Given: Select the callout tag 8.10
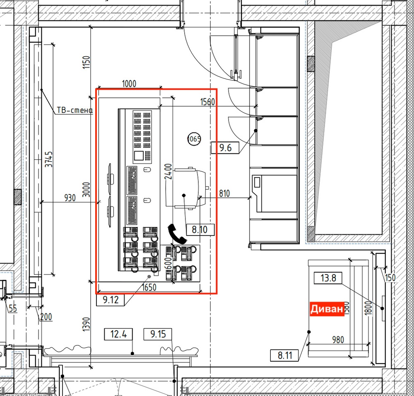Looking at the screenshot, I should pyautogui.click(x=200, y=229).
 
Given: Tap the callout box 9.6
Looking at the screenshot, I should pyautogui.click(x=225, y=147).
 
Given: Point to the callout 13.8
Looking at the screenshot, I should pyautogui.click(x=328, y=278).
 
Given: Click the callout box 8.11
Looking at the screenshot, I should pyautogui.click(x=284, y=355).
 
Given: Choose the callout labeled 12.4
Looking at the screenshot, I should pyautogui.click(x=118, y=334).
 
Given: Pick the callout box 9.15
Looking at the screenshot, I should pyautogui.click(x=158, y=334).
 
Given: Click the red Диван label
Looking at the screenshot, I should pyautogui.click(x=327, y=309).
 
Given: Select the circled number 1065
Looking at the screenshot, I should pyautogui.click(x=194, y=139).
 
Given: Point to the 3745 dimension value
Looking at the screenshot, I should pyautogui.click(x=49, y=160).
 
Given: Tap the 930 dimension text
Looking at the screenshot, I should pyautogui.click(x=70, y=198).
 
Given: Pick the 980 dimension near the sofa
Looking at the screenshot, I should pyautogui.click(x=338, y=340).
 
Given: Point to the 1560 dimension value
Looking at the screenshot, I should pyautogui.click(x=207, y=102).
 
